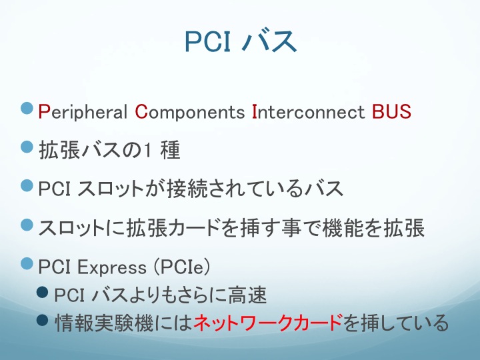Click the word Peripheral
tap(83, 112)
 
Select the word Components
tap(190, 112)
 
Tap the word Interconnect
tap(308, 111)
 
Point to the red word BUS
tap(391, 111)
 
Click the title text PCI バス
tap(241, 41)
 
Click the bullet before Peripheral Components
tap(27, 109)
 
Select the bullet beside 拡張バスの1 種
tap(27, 147)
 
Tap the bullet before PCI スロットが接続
tap(27, 185)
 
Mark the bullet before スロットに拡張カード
tap(27, 225)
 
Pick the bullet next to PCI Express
tap(27, 263)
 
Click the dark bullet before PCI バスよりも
tap(42, 292)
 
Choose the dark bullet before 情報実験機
tap(42, 320)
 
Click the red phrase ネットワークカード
tap(268, 323)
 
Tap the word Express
tap(112, 267)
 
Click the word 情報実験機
tap(104, 323)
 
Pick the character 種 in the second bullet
tap(170, 150)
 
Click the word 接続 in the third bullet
tap(187, 188)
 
